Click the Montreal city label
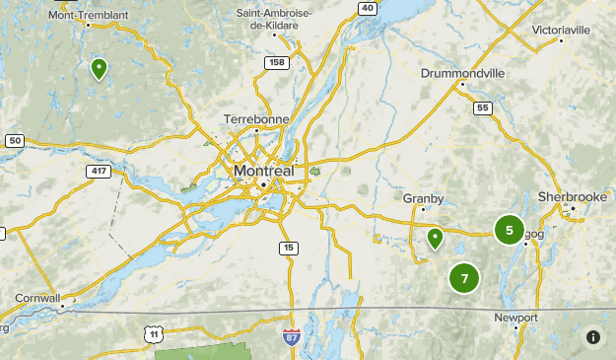point(264,171)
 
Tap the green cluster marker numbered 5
point(509,231)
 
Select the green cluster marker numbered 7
point(464,278)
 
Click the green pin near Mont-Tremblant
point(100,68)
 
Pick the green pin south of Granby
point(435,238)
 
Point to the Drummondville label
point(462,73)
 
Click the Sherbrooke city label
point(572,197)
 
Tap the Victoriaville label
point(561,31)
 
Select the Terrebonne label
point(255,118)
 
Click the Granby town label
point(424,198)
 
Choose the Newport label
point(516,318)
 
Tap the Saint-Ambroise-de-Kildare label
point(275,20)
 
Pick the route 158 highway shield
point(277,62)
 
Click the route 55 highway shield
point(482,108)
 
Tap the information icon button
point(593,337)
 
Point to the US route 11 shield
point(154,334)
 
